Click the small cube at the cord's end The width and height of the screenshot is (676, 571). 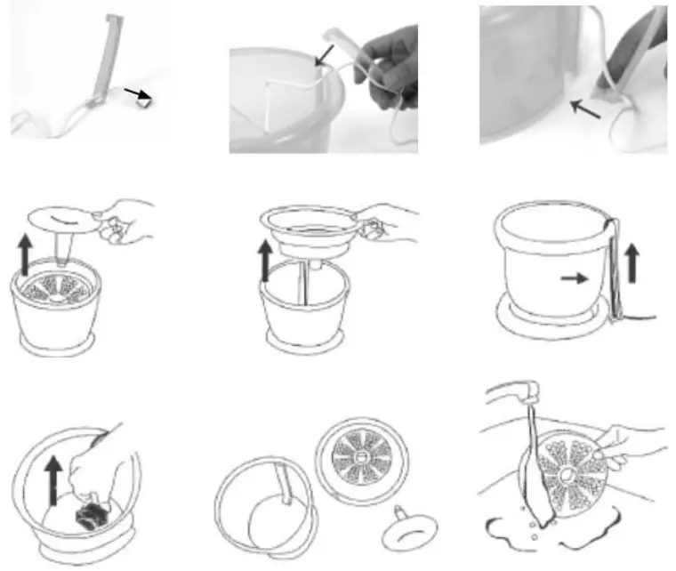pos(142,102)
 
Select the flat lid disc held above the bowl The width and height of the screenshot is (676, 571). pos(62,219)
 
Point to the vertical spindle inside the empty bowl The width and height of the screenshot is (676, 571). pos(304,286)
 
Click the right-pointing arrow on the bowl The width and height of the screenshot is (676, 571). pos(575,277)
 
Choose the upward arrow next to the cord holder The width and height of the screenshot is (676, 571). pos(632,264)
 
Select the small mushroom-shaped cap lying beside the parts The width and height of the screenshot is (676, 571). pos(406,534)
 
